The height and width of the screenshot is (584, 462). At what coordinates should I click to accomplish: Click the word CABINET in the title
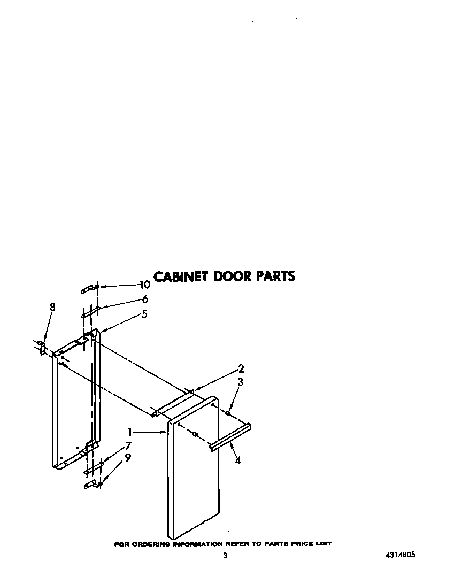(x=181, y=276)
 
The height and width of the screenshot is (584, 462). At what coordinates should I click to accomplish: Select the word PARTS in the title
(x=275, y=276)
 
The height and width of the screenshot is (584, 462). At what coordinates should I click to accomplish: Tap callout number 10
(x=144, y=285)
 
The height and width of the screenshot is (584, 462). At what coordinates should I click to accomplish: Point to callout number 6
(x=145, y=299)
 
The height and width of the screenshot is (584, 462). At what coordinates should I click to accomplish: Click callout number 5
(x=144, y=314)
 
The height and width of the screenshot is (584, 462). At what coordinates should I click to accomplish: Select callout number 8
(x=52, y=307)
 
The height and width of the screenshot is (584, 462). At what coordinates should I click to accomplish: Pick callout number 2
(x=241, y=368)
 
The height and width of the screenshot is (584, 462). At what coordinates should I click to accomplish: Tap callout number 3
(x=241, y=382)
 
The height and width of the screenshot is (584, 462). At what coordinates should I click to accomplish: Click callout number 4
(x=237, y=460)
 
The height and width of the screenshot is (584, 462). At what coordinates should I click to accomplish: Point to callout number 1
(x=129, y=431)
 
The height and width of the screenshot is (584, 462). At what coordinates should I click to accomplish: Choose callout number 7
(x=128, y=445)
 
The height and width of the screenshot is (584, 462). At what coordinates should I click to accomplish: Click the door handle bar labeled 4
(x=230, y=437)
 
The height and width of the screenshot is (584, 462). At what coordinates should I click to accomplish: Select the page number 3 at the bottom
(x=225, y=556)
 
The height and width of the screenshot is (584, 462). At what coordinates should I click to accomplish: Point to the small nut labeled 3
(x=228, y=413)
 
